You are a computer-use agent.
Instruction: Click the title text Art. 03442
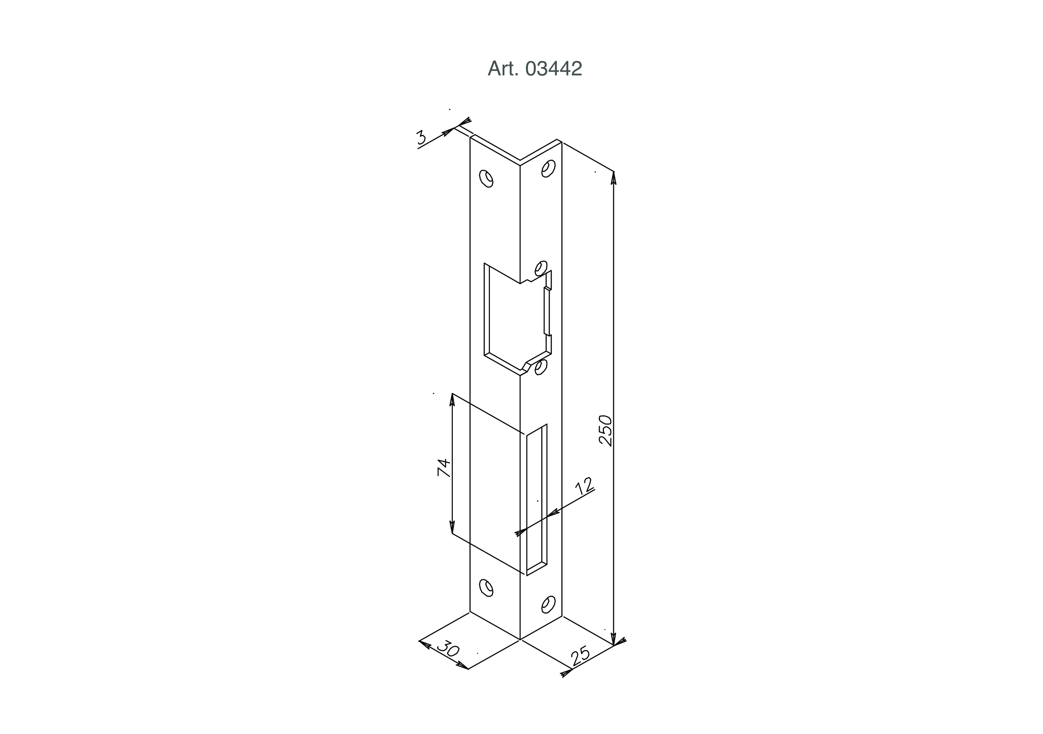coord(535,68)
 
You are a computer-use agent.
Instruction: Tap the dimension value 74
coord(444,468)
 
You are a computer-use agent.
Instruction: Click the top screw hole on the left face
coord(486,179)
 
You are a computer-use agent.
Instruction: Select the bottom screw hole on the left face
coord(486,588)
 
